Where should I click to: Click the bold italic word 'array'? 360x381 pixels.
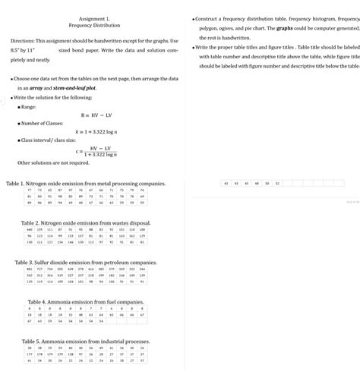pos(31,88)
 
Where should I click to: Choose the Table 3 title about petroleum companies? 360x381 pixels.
pos(85,262)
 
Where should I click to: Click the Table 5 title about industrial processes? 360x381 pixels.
pos(85,342)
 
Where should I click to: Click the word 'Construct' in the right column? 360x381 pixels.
pos(215,17)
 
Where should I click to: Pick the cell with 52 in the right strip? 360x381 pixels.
pos(277,184)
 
